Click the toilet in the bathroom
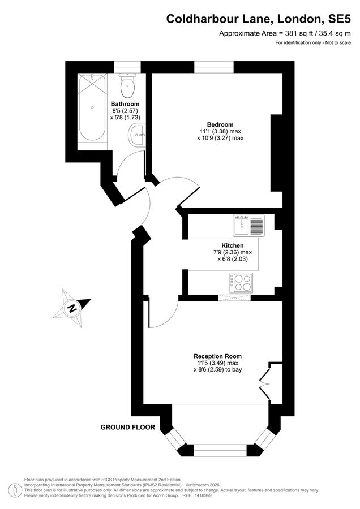[127, 86]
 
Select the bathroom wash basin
[137, 135]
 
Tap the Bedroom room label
[220, 125]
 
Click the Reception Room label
[218, 356]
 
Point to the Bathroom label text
[125, 104]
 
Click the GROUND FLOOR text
[127, 428]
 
